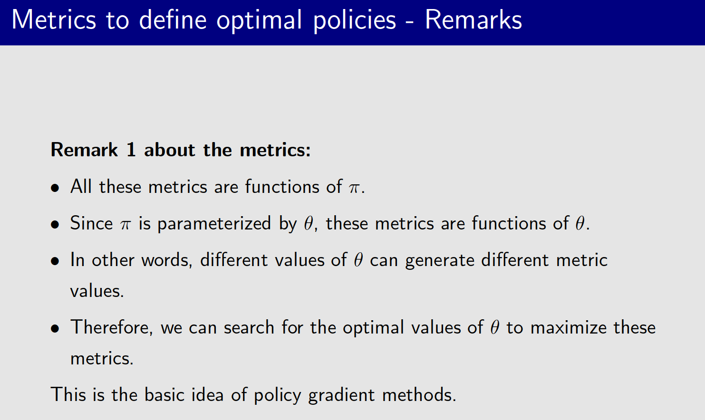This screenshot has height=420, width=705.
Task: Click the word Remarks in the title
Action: tap(473, 20)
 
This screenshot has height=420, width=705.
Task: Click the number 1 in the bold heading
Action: tap(131, 150)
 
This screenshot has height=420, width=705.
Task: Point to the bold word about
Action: tap(170, 150)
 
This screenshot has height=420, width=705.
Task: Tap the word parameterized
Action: tap(214, 224)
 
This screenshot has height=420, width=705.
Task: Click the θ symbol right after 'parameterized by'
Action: tap(309, 223)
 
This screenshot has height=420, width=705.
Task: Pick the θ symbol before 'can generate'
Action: tap(358, 260)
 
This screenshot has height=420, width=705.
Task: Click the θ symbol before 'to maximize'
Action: tap(495, 327)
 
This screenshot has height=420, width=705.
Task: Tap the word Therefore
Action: tap(111, 328)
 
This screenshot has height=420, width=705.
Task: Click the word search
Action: tap(249, 328)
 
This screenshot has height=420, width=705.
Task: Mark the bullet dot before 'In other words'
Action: tap(55, 261)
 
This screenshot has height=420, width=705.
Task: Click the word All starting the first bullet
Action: tap(81, 187)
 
